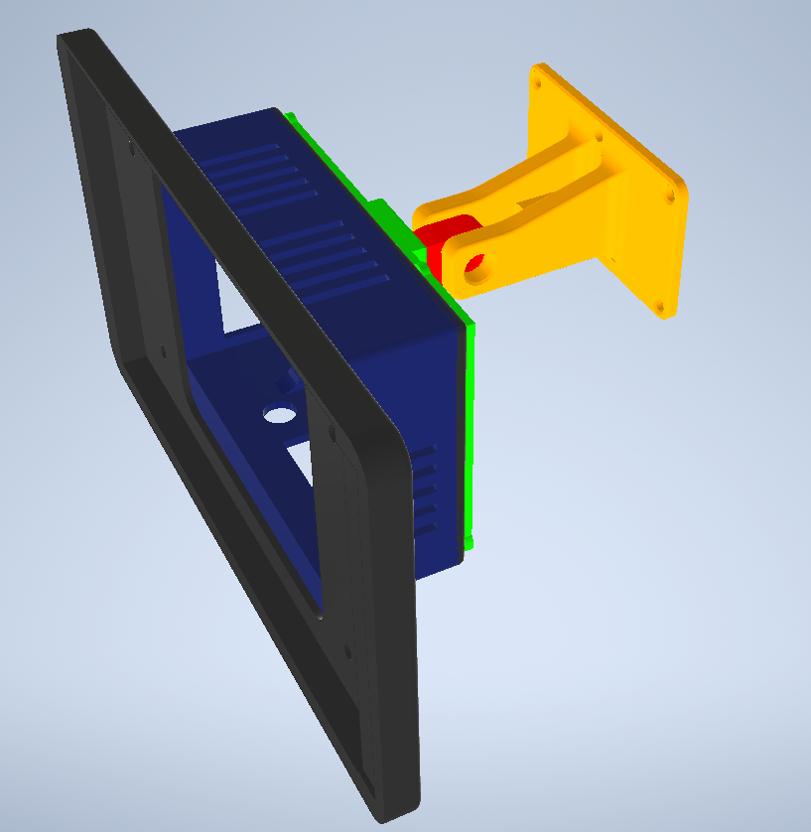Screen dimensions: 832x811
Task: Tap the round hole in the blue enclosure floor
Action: (x=280, y=415)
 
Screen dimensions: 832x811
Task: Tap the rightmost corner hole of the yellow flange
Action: (x=674, y=197)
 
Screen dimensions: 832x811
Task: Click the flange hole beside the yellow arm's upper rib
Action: (x=598, y=137)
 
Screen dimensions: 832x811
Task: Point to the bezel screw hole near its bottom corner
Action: (x=348, y=652)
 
